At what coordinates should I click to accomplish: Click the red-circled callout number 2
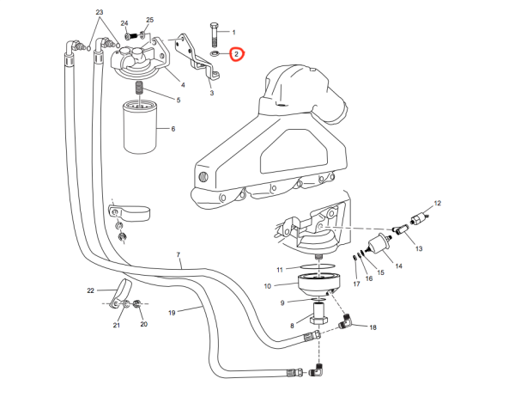[236, 54]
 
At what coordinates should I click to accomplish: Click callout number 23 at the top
[100, 11]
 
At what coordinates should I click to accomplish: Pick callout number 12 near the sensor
[437, 203]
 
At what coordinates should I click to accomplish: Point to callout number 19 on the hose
[172, 312]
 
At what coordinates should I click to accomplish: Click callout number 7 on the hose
[179, 255]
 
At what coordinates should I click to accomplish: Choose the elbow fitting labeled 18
[344, 322]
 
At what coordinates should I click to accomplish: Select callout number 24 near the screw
[125, 22]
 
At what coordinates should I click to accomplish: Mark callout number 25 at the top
[150, 19]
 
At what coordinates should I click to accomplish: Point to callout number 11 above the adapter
[280, 270]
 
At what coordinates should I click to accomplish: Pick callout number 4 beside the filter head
[182, 84]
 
